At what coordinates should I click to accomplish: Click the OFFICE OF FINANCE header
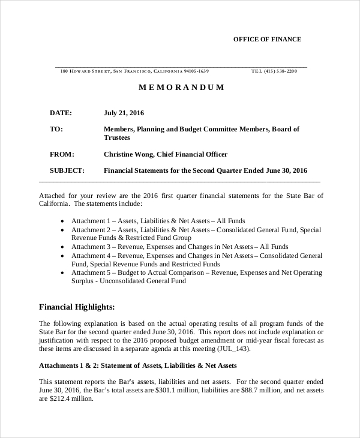pyautogui.click(x=267, y=40)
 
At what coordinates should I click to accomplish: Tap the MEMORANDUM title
pyautogui.click(x=181, y=88)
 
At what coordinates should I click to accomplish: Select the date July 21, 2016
pyautogui.click(x=124, y=113)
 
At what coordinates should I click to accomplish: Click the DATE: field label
pyautogui.click(x=61, y=113)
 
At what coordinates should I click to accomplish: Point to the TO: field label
pyautogui.click(x=56, y=129)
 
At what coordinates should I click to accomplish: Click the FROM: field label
pyautogui.click(x=62, y=154)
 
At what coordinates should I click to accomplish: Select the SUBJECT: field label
pyautogui.click(x=67, y=170)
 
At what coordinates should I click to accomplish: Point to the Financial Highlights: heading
pyautogui.click(x=77, y=307)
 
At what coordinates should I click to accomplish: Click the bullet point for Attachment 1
pyautogui.click(x=63, y=221)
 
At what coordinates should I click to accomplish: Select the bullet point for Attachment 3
pyautogui.click(x=63, y=247)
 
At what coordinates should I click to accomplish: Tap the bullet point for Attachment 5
pyautogui.click(x=63, y=272)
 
